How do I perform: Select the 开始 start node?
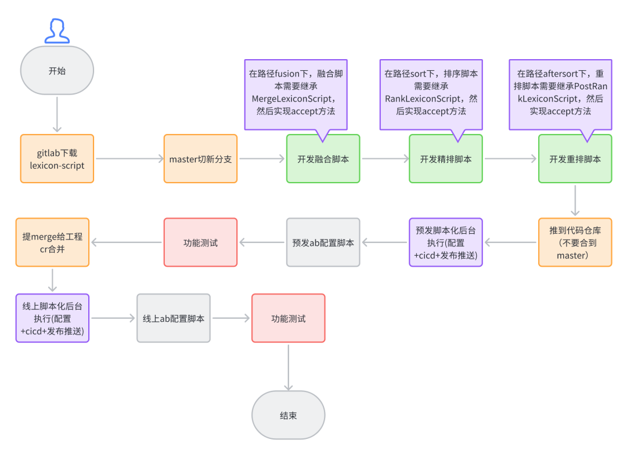pyautogui.click(x=57, y=71)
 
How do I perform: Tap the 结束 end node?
pyautogui.click(x=288, y=415)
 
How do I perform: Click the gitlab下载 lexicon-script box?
pyautogui.click(x=57, y=159)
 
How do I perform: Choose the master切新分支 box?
pyautogui.click(x=200, y=159)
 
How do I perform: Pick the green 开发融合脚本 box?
pyautogui.click(x=323, y=159)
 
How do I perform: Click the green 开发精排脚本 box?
pyautogui.click(x=445, y=159)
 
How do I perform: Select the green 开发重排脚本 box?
pyautogui.click(x=575, y=159)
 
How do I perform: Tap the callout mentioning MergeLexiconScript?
pyautogui.click(x=296, y=94)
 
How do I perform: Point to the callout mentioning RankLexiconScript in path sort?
pyautogui.click(x=431, y=94)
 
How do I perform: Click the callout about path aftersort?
pyautogui.click(x=560, y=94)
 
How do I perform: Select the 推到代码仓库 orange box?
pyautogui.click(x=575, y=242)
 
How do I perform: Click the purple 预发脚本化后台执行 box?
pyautogui.click(x=445, y=242)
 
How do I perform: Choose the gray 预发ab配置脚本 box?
pyautogui.click(x=323, y=242)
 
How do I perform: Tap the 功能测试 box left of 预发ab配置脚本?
pyautogui.click(x=200, y=242)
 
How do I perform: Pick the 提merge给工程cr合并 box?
pyautogui.click(x=52, y=242)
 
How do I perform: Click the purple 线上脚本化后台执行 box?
pyautogui.click(x=52, y=318)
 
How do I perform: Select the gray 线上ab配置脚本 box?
pyautogui.click(x=174, y=318)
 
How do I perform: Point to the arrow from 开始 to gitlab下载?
pyautogui.click(x=57, y=115)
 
